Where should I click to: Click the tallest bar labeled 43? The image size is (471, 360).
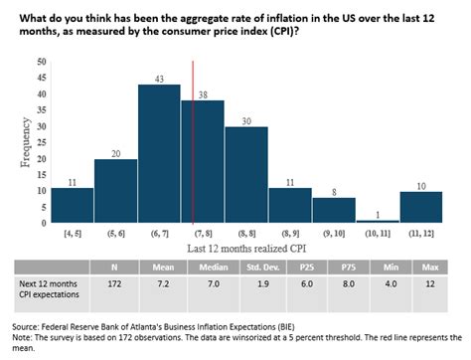[158, 154]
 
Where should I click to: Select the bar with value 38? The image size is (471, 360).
[203, 162]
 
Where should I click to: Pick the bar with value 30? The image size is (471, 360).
[245, 175]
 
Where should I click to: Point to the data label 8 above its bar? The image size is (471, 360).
[334, 191]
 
